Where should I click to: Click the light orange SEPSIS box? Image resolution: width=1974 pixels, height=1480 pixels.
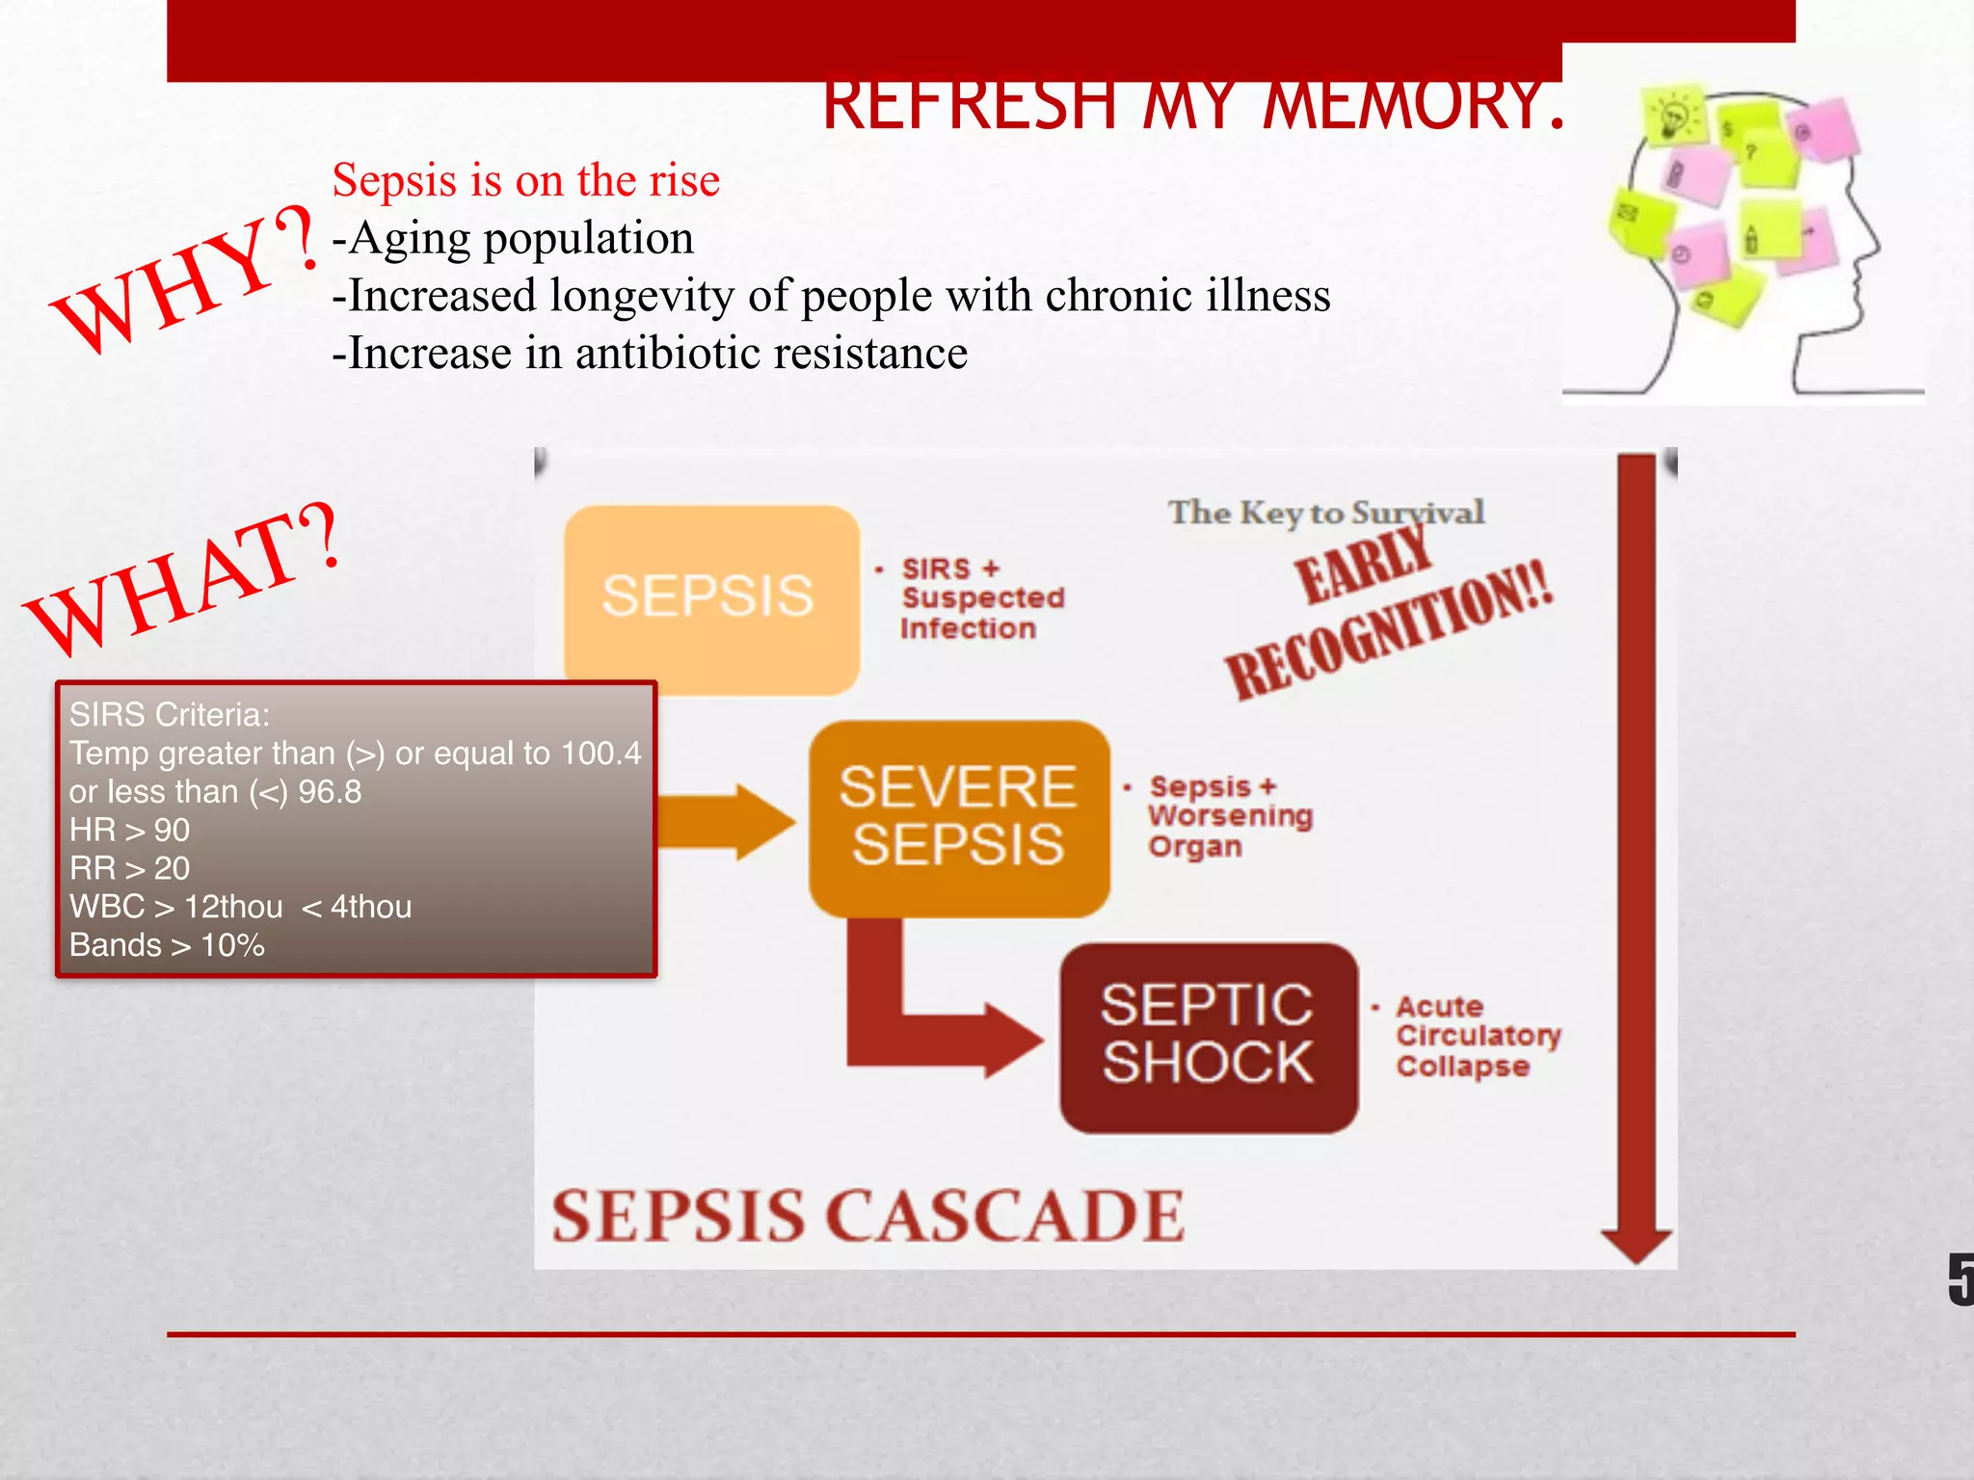coord(711,597)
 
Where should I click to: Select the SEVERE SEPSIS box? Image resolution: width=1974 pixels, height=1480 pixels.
coord(958,817)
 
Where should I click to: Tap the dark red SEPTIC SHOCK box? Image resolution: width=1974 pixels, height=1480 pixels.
coord(1208,1037)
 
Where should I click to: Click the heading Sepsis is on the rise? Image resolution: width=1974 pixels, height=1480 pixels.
coord(525,180)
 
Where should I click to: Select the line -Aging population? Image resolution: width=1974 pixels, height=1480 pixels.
coord(513,238)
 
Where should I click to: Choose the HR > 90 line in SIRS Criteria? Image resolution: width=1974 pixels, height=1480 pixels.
coord(129,830)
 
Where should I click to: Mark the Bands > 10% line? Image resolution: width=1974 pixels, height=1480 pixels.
coord(167,945)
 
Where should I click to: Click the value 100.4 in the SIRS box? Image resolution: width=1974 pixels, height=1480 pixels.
coord(600,753)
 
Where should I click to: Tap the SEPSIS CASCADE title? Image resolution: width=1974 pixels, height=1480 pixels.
coord(867,1216)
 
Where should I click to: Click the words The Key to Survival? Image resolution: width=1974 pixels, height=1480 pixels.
coord(1325,513)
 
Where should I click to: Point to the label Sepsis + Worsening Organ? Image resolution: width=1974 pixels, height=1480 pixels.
coord(1229,816)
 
